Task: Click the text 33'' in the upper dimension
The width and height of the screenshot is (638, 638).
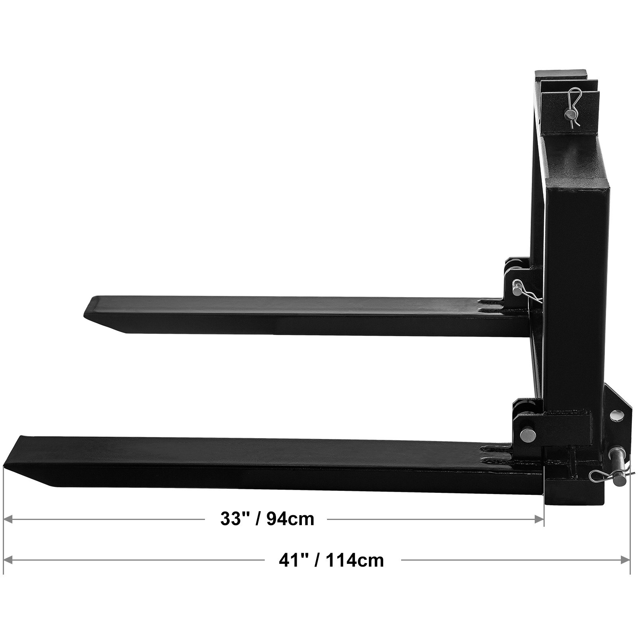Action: pos(232,519)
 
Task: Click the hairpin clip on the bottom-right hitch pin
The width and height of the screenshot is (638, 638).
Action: pos(606,474)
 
